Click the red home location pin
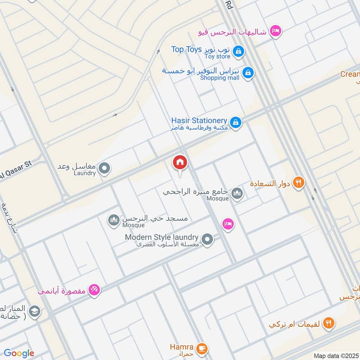[180, 163]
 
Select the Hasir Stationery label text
[199, 121]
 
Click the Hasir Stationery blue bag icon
[235, 122]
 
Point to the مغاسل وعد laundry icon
[104, 169]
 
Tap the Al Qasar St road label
[16, 170]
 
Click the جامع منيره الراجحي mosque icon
[237, 194]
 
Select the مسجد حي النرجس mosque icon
[113, 220]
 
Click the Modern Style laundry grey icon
[207, 240]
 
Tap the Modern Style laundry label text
[162, 237]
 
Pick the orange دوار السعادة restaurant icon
[298, 183]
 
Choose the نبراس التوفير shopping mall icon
[247, 72]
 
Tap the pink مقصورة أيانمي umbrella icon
[94, 290]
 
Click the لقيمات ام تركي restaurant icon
[329, 323]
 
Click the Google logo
[19, 353]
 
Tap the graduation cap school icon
[34, 311]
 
